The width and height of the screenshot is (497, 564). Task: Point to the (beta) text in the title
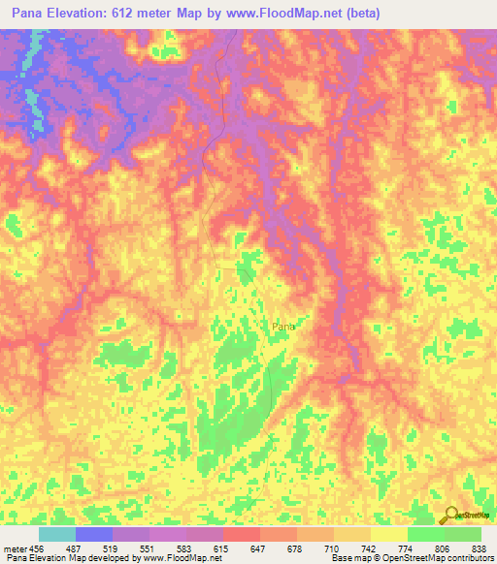[359, 13]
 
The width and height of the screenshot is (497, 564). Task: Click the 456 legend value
[37, 548]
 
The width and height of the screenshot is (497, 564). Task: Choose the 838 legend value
[479, 548]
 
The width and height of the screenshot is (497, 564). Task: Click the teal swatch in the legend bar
[57, 534]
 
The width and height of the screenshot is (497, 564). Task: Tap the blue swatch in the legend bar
[94, 534]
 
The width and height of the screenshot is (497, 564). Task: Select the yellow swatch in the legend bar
[388, 534]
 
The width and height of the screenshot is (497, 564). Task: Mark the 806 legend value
[443, 548]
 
